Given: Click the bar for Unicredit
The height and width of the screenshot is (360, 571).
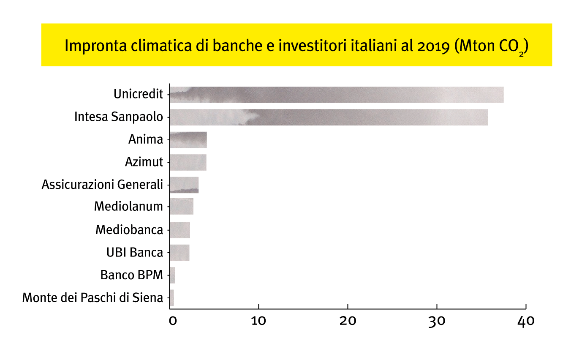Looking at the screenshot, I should point(336,95).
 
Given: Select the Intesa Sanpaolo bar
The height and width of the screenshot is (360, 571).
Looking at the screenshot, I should point(328,117).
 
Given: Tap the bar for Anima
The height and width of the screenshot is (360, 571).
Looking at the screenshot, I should point(188,140).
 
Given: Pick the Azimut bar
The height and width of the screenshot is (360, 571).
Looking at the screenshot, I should point(188,162).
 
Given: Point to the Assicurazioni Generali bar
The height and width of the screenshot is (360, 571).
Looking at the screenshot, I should point(184,185).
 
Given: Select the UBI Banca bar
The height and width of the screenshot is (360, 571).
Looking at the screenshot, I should point(179,252).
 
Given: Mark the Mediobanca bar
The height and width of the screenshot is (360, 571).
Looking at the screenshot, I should point(179,230).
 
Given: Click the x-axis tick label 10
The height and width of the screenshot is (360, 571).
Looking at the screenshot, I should point(258,321).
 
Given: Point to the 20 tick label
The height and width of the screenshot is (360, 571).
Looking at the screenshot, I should point(348,321).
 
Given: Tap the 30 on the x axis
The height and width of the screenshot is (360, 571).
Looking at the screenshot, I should point(437,321).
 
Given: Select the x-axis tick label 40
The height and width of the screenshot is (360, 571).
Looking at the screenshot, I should point(526,321).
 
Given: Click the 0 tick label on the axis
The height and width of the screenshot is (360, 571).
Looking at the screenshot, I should point(172,321).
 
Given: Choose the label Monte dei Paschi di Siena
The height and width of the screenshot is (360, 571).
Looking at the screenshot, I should point(92,297).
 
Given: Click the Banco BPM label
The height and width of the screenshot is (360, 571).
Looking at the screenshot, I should point(131,275).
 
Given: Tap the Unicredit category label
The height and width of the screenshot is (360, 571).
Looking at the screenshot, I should point(138,94).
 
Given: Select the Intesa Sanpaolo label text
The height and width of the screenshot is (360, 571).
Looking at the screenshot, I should point(118,117).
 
